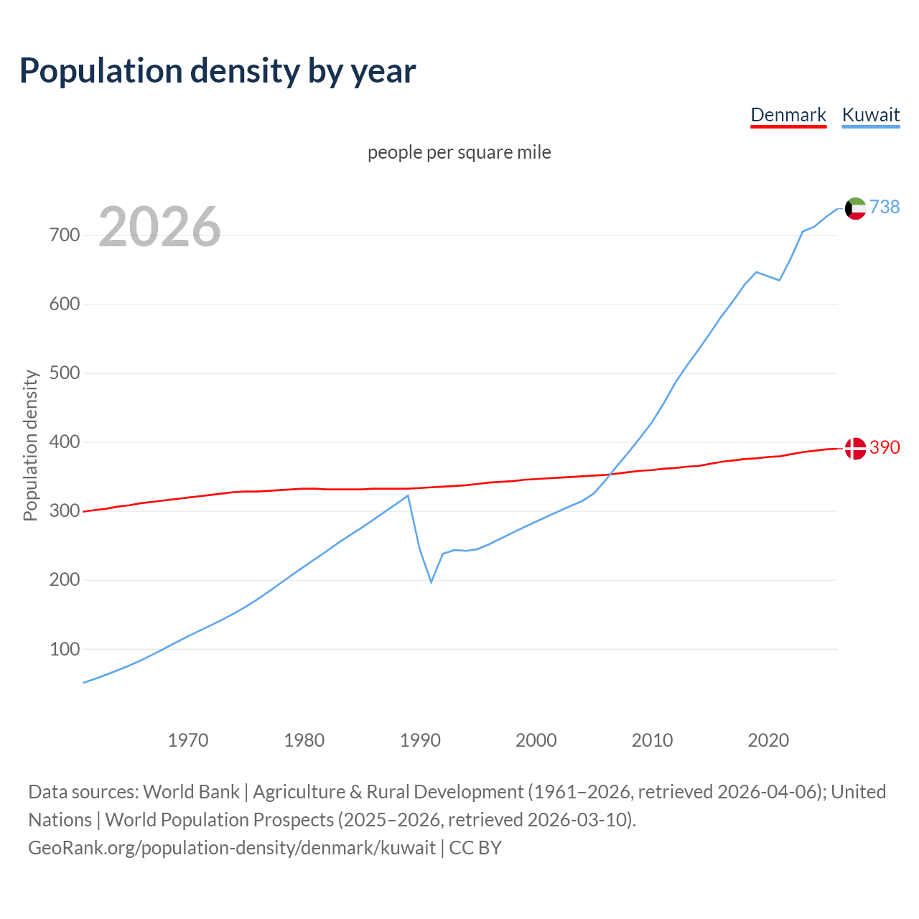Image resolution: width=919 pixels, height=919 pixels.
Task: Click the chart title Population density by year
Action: (x=218, y=71)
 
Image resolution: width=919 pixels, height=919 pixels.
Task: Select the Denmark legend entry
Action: (x=788, y=115)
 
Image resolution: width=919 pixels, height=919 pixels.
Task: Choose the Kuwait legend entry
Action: (x=870, y=115)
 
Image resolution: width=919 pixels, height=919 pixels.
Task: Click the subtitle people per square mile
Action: (x=459, y=152)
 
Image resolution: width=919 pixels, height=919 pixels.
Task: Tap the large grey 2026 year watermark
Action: (x=159, y=227)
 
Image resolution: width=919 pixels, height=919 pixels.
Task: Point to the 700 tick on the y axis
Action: (x=65, y=235)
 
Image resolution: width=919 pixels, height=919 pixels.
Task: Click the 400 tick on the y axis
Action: (x=65, y=442)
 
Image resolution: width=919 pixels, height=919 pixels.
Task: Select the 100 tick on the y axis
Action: (x=65, y=649)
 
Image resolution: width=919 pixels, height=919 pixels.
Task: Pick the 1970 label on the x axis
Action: (x=188, y=740)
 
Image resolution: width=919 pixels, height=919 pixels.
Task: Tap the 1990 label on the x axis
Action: (x=420, y=740)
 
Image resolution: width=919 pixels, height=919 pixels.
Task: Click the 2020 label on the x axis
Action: (x=768, y=740)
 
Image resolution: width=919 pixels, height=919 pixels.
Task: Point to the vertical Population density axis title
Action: (x=30, y=445)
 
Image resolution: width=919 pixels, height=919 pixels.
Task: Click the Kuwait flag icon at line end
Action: (x=855, y=208)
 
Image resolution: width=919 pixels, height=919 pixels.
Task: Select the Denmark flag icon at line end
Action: (x=855, y=448)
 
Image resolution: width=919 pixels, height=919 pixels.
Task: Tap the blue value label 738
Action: (x=885, y=207)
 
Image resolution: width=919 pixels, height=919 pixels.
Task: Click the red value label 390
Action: (x=885, y=447)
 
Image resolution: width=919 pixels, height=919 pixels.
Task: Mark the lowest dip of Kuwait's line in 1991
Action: (x=431, y=581)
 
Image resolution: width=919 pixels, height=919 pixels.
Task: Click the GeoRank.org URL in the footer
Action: (x=232, y=848)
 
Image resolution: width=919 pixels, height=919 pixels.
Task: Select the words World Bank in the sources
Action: (x=191, y=792)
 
